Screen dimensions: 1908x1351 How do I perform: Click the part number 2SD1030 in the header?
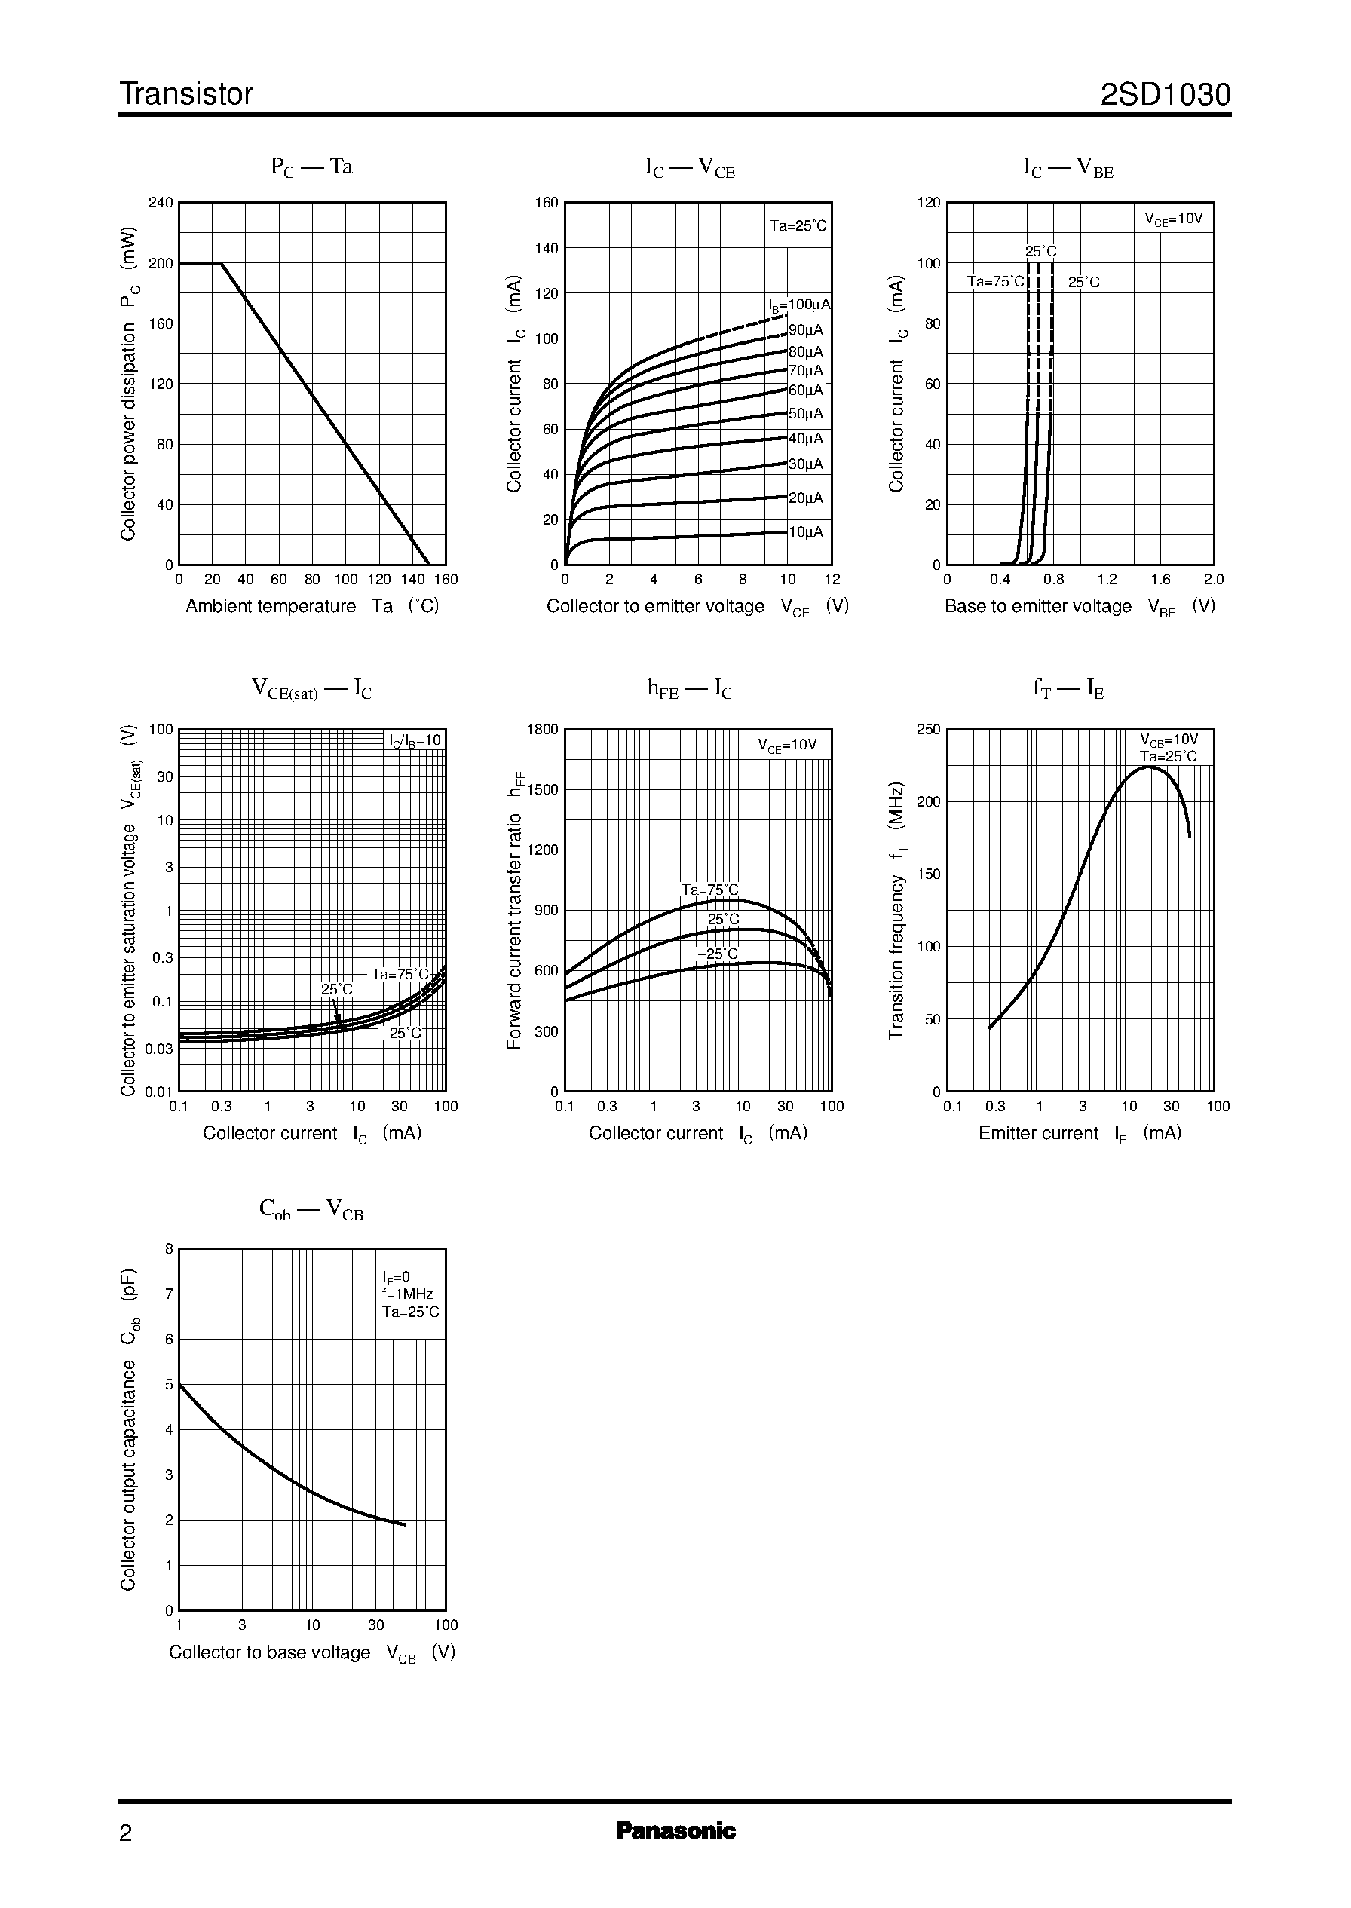coord(1165,95)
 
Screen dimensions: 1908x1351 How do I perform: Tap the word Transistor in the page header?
coord(186,95)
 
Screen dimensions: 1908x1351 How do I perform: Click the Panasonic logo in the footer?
coord(675,1854)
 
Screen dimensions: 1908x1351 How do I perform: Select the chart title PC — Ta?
coord(311,167)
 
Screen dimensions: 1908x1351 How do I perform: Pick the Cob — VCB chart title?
coord(311,1209)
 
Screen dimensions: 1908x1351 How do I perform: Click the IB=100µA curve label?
coord(798,305)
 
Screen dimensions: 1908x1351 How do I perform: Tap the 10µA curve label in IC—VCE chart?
coord(805,531)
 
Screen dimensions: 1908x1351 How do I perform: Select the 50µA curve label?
coord(805,413)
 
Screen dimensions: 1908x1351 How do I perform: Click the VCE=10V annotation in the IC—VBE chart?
coord(1173,219)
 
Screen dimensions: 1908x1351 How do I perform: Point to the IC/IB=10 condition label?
coord(415,741)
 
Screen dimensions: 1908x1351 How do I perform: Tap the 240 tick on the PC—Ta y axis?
coord(161,203)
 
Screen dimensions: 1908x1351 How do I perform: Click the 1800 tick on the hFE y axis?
coord(542,730)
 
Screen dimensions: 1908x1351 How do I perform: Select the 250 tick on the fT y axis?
coord(927,730)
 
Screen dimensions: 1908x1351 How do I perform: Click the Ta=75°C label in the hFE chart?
coord(709,890)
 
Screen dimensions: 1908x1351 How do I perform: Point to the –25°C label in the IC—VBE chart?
coord(1080,283)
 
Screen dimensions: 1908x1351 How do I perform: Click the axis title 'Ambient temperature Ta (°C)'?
coord(312,606)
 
